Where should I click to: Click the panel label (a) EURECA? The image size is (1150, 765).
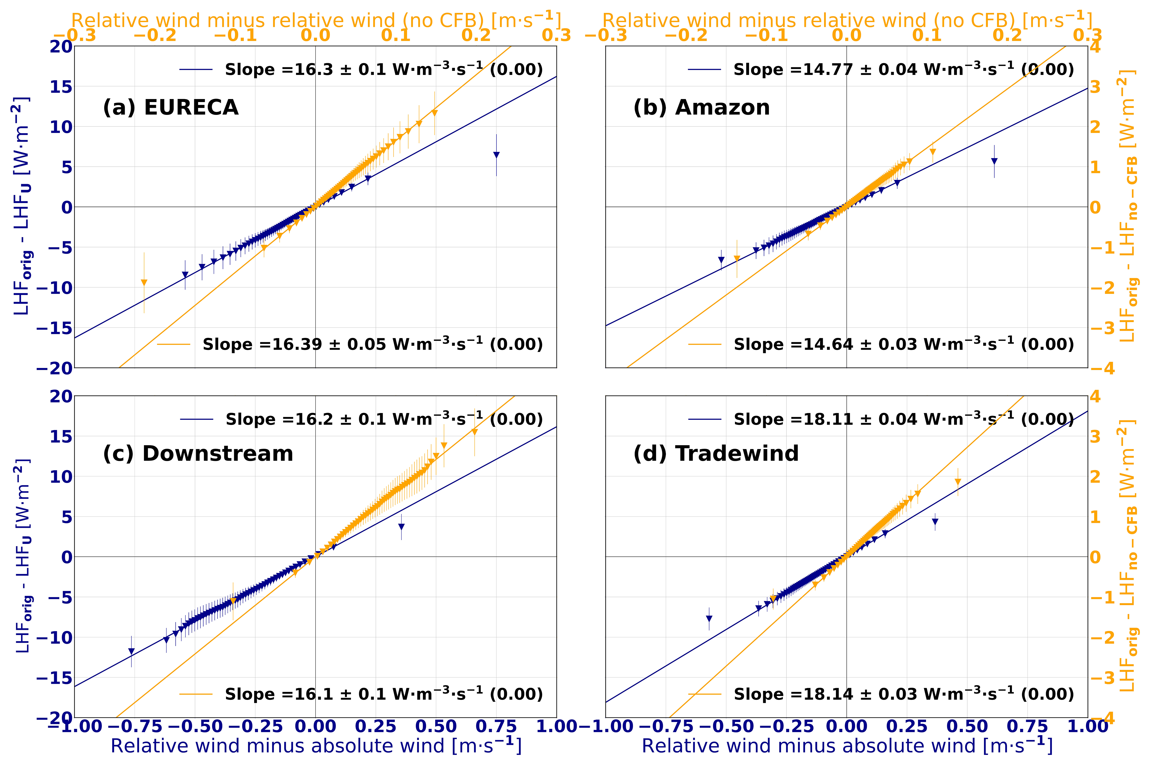171,107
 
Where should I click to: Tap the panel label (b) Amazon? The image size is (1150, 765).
701,107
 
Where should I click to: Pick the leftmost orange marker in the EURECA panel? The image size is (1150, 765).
144,282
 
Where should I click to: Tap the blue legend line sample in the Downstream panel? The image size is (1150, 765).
196,419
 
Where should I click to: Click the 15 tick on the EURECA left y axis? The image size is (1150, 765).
61,87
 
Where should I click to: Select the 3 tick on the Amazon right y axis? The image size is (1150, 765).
1095,87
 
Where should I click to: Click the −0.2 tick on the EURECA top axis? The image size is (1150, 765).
155,35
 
